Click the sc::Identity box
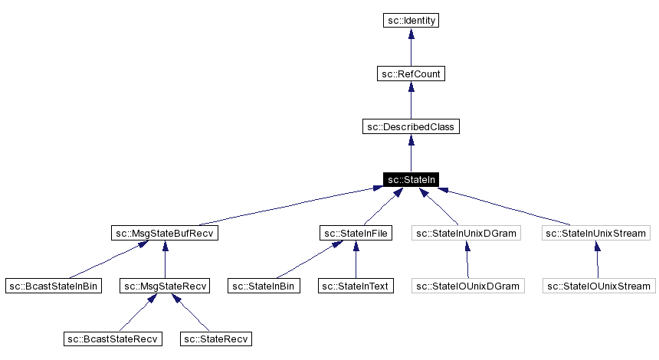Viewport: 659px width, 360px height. (411, 21)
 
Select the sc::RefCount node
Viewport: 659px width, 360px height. (411, 74)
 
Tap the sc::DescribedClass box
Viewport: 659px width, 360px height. (411, 126)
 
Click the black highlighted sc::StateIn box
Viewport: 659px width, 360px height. (411, 179)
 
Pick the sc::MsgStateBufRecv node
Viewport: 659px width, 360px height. (165, 233)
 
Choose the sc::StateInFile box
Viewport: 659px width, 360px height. (355, 233)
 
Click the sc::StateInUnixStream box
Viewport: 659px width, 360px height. (597, 233)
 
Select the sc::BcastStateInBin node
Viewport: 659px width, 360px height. (54, 286)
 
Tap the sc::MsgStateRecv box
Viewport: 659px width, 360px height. (165, 286)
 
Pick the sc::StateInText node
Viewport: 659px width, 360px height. (355, 286)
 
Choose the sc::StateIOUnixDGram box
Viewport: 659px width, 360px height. (467, 286)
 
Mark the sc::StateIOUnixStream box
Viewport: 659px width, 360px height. (598, 286)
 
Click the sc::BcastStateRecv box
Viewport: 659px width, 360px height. (113, 339)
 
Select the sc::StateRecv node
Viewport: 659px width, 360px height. (216, 339)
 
